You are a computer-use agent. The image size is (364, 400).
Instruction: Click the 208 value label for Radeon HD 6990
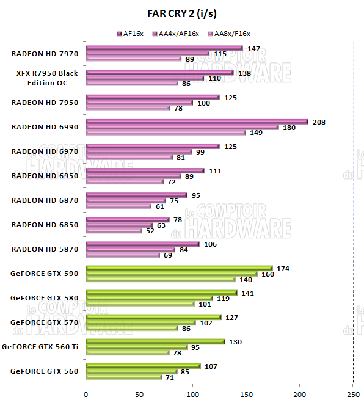coord(319,122)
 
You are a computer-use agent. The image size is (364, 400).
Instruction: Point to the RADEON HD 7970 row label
coord(45,53)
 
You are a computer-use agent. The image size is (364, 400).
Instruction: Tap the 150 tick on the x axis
coord(246,394)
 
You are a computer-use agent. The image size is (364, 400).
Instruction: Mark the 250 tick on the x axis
coord(352,394)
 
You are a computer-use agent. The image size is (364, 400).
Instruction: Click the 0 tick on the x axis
coord(86,394)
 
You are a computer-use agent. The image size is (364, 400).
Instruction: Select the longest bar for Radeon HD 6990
coord(197,122)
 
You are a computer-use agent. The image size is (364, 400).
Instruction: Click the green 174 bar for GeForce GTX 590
coord(179,268)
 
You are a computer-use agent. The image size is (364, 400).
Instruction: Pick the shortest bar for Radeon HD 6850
coord(114,230)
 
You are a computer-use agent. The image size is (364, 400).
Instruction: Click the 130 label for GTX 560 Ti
coord(235,342)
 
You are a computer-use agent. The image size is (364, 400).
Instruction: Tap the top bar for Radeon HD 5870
coord(142,244)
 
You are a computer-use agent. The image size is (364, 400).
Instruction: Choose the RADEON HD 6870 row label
coord(45,200)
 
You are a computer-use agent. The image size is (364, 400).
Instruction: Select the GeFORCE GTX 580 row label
coord(45,297)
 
